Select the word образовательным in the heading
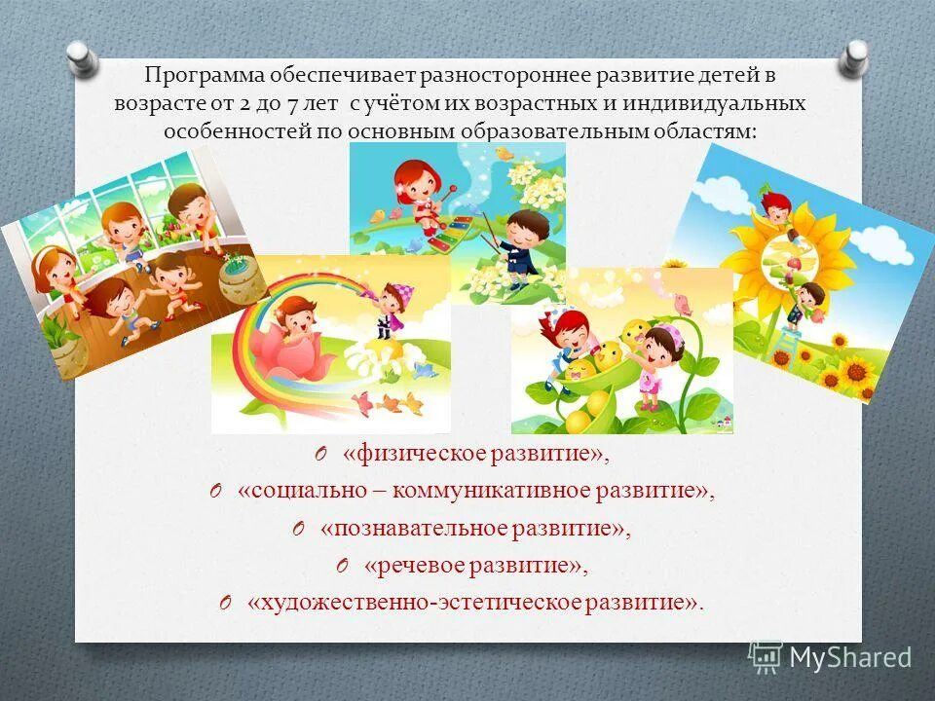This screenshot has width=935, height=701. (x=568, y=129)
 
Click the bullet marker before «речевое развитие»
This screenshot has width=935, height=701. (x=342, y=565)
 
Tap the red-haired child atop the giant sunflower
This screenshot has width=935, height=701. (x=775, y=207)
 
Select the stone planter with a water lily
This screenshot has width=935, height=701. (x=241, y=280)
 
